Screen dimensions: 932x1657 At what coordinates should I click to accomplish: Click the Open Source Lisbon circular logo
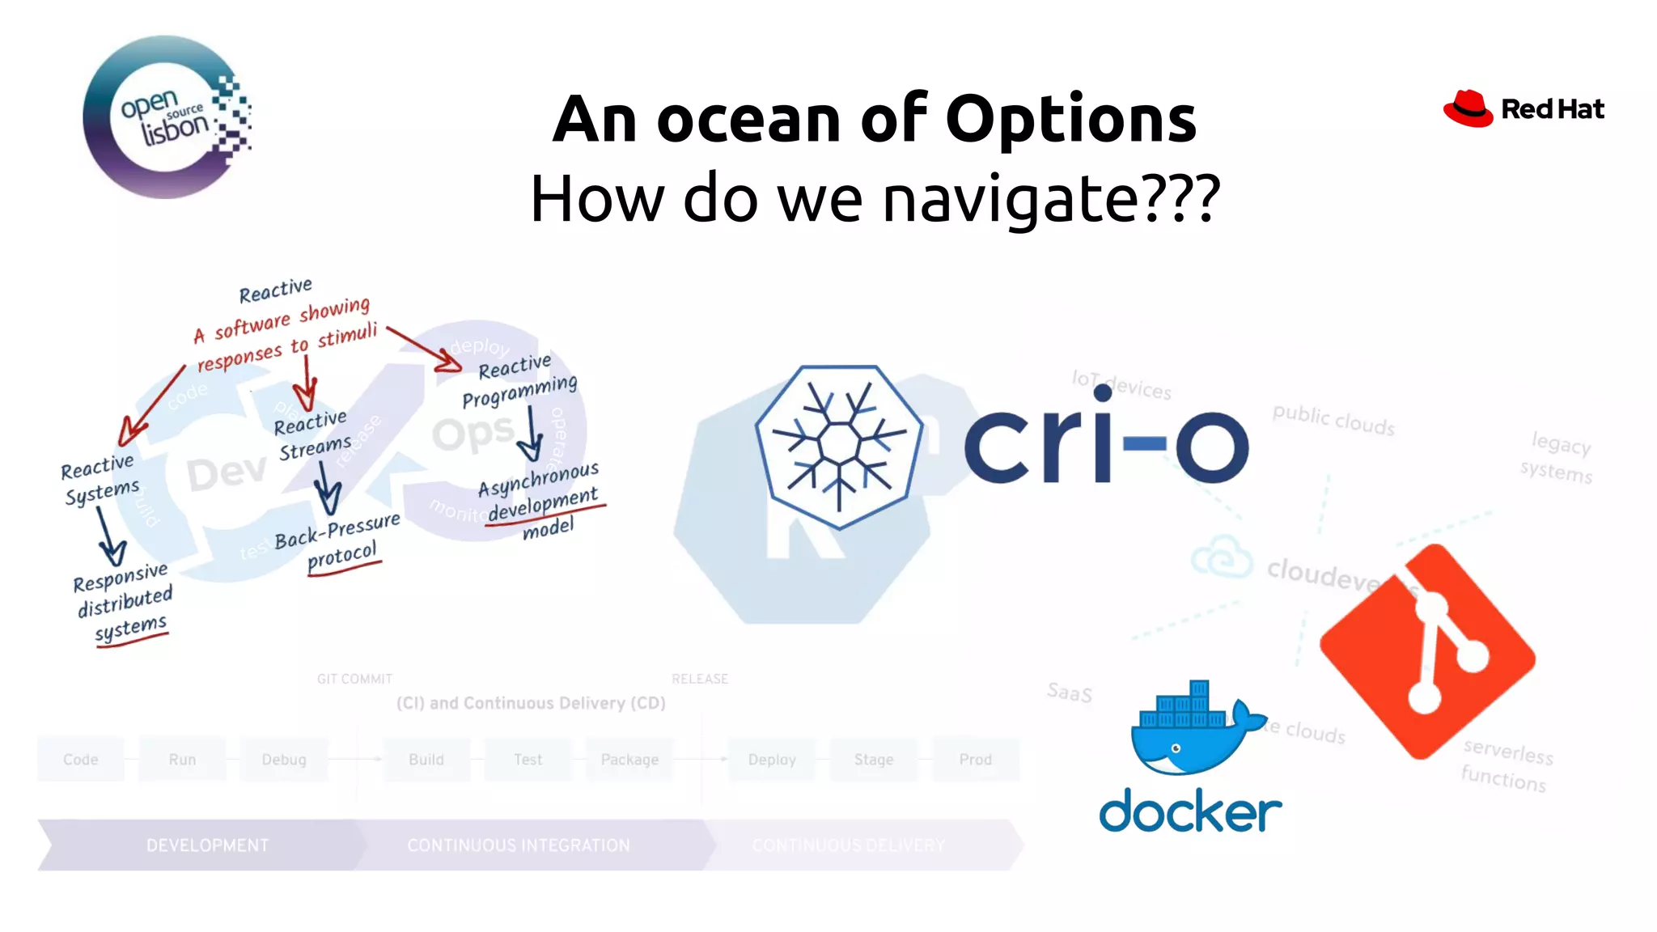point(166,117)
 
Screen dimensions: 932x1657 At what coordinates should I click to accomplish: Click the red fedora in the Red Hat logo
point(1468,108)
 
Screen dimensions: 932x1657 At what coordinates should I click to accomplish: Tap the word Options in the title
point(1070,120)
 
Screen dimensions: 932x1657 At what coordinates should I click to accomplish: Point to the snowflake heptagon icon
point(839,446)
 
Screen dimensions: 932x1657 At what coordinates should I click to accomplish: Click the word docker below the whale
point(1190,811)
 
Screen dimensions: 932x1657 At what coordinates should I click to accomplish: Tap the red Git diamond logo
point(1427,652)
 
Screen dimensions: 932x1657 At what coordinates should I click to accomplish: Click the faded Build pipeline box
point(426,760)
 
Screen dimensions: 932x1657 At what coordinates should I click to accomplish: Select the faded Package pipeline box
point(629,760)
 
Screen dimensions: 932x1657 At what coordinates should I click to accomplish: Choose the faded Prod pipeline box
point(975,760)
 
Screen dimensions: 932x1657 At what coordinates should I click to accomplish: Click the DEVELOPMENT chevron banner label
point(207,845)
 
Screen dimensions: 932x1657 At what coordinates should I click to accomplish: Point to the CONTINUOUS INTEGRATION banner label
point(519,845)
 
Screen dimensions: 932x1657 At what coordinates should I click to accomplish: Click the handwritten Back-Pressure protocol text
point(338,542)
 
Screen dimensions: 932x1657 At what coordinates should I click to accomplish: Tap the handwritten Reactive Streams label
point(313,435)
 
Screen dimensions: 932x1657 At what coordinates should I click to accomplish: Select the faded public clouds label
point(1333,420)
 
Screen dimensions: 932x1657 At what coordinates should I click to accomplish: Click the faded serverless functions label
point(1507,765)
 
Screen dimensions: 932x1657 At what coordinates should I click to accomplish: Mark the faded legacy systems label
point(1558,457)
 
